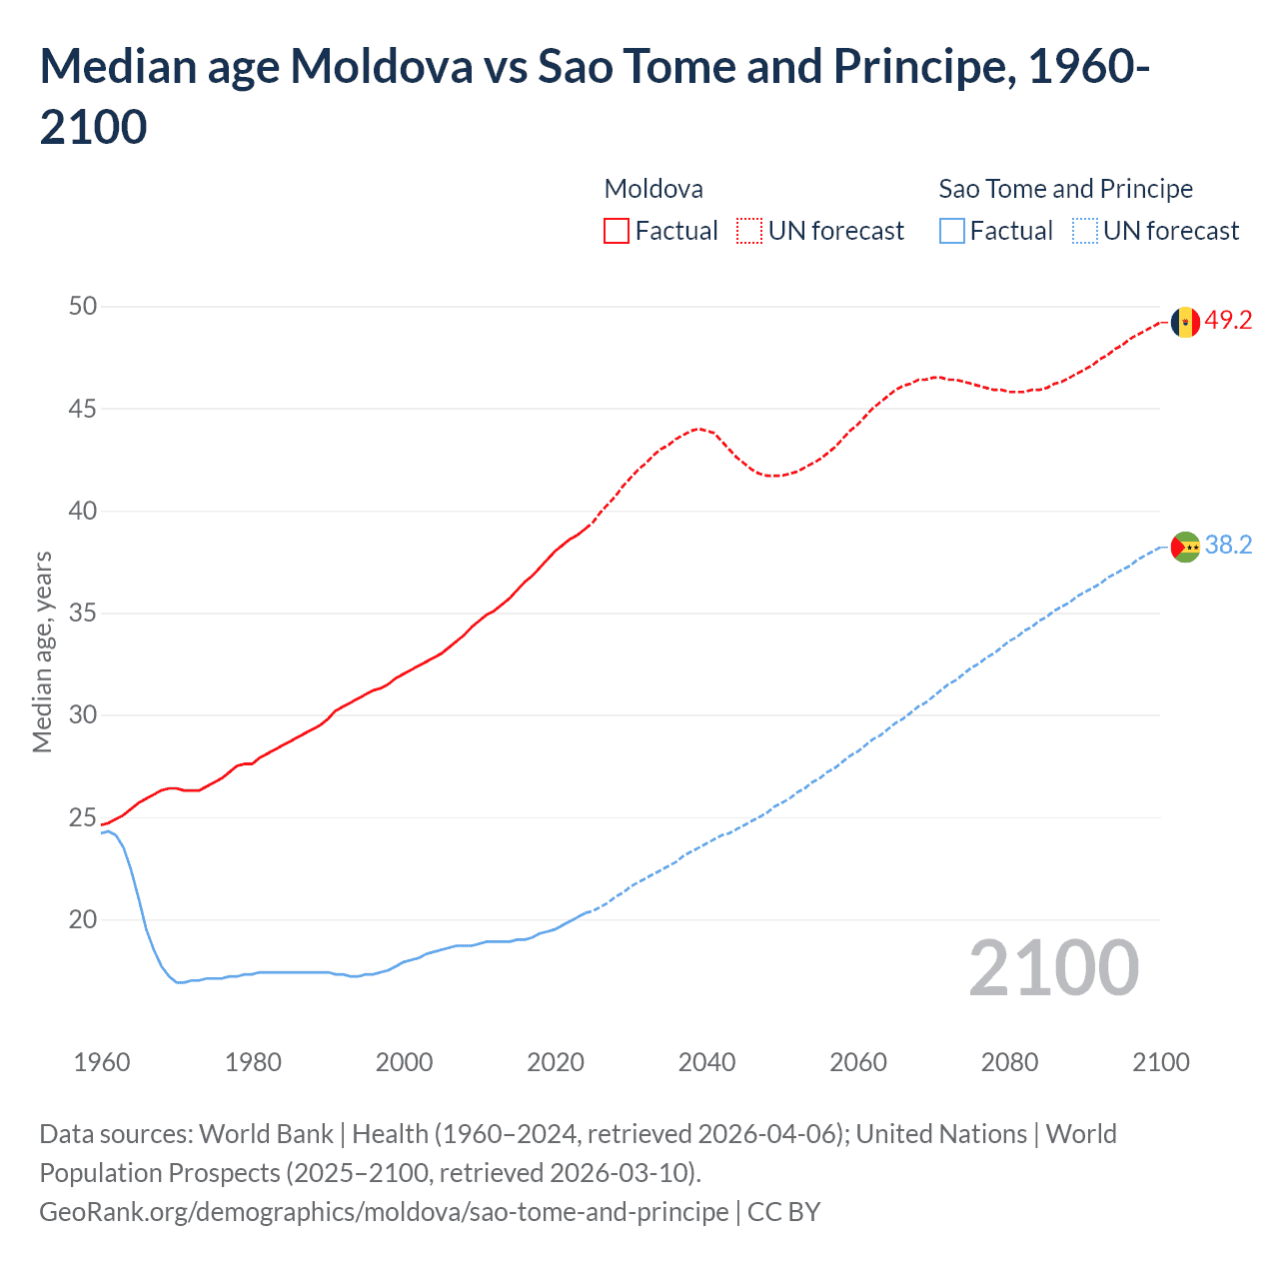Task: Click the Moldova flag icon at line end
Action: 1185,322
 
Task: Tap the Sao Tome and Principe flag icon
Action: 1185,547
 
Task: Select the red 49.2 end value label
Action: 1228,321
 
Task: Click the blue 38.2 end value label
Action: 1228,546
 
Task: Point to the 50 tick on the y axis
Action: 83,307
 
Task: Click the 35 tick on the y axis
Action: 83,613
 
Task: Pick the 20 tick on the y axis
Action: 83,919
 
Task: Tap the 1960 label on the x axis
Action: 102,1062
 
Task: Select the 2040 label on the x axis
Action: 706,1062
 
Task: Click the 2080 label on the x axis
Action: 1009,1062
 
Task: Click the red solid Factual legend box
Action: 617,231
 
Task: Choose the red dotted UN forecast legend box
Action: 749,231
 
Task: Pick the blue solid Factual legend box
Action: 951,231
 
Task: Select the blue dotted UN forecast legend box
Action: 1084,231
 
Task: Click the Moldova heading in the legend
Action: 653,189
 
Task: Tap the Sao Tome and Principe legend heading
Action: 1065,189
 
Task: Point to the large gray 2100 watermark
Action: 1053,968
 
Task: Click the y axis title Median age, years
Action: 42,651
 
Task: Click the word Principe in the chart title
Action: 923,67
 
